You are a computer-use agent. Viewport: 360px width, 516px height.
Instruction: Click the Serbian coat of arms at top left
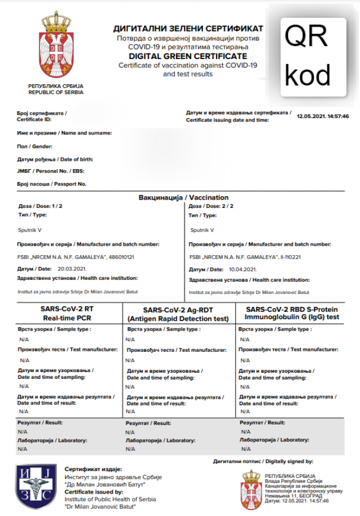click(x=55, y=47)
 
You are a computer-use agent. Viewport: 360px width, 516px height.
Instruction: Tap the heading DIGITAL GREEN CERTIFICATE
click(x=188, y=56)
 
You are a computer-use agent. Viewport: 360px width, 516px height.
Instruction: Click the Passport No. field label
click(x=52, y=184)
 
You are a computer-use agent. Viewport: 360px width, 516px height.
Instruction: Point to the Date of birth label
click(x=55, y=159)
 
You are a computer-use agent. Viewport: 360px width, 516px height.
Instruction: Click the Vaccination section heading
click(x=183, y=198)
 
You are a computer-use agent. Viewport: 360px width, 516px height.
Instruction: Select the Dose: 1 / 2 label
click(x=40, y=206)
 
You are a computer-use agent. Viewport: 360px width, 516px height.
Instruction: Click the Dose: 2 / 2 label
click(x=211, y=206)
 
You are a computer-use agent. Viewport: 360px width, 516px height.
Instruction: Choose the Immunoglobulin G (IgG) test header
click(x=292, y=314)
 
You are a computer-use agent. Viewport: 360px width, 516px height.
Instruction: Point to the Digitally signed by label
click(x=263, y=461)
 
